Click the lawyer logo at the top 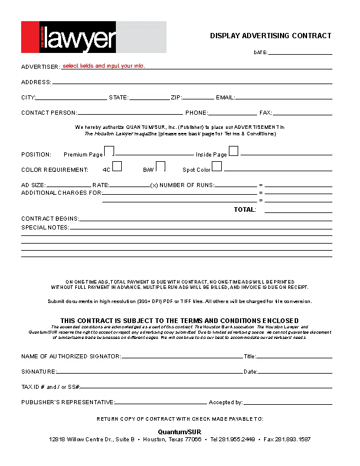pos(94,37)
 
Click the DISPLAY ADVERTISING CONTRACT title pos(271,36)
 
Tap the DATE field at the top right pos(300,52)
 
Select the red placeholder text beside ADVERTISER pos(104,66)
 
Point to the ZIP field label pos(176,98)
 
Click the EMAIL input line pos(284,98)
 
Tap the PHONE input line pos(232,112)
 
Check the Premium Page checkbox pos(109,152)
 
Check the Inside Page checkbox pos(234,151)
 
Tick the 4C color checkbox pos(117,167)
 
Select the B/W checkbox pos(160,167)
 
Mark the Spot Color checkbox pos(217,167)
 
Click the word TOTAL pos(245,209)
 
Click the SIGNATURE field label pos(39,372)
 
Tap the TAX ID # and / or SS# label pos(51,387)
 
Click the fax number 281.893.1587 pos(294,440)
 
